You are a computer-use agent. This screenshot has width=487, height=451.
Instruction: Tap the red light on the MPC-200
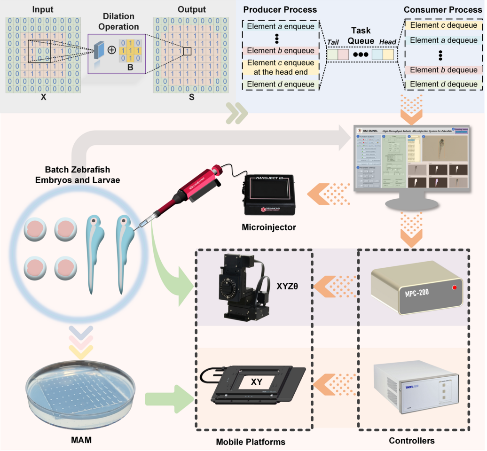tap(454, 287)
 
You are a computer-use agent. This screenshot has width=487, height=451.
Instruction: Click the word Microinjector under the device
tap(269, 227)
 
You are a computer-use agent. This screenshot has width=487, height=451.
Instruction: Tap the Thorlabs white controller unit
tap(416, 385)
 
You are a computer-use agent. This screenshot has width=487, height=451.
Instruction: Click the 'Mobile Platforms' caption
tap(250, 442)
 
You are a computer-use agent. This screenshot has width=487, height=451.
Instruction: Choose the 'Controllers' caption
tap(412, 441)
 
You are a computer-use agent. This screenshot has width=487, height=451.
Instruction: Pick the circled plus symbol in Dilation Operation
tap(112, 50)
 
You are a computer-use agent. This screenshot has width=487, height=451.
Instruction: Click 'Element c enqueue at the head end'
tap(280, 67)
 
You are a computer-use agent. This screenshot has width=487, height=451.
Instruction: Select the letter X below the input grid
tap(43, 99)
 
